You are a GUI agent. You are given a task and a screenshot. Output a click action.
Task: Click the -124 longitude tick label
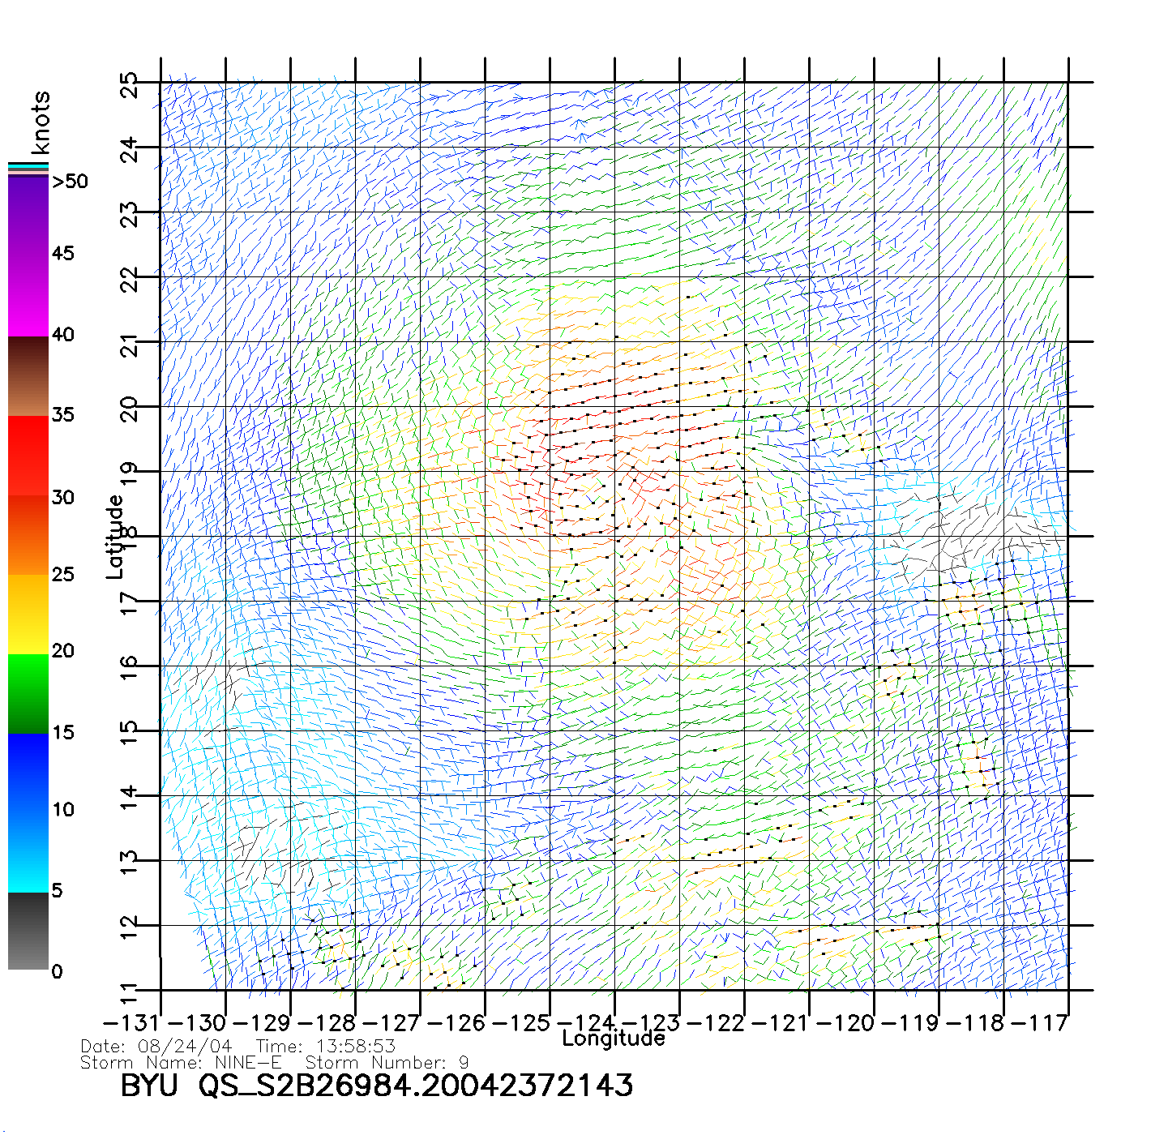click(x=593, y=1023)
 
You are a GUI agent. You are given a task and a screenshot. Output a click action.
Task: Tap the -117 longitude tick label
click(x=1047, y=1023)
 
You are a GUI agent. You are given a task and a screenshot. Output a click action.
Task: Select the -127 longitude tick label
click(x=397, y=1023)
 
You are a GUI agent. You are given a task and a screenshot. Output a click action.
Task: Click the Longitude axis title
click(x=614, y=1039)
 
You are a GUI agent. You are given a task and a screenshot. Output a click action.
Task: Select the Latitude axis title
click(x=115, y=536)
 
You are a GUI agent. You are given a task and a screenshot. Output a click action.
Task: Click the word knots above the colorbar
click(x=41, y=122)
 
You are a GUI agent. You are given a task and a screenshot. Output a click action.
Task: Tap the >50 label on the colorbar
click(x=71, y=182)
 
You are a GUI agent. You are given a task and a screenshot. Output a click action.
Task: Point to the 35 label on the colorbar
click(x=62, y=415)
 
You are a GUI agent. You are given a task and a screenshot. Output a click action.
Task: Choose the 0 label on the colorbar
click(x=56, y=971)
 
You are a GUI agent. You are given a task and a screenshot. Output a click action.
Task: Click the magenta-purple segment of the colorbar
click(x=28, y=256)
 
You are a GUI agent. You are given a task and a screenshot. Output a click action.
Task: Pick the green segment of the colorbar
click(x=28, y=694)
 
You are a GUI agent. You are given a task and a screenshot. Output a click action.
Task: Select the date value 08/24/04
click(x=185, y=1047)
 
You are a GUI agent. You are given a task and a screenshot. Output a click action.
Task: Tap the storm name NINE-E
click(x=248, y=1062)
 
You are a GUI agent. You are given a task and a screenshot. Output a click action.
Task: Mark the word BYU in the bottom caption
click(x=149, y=1086)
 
